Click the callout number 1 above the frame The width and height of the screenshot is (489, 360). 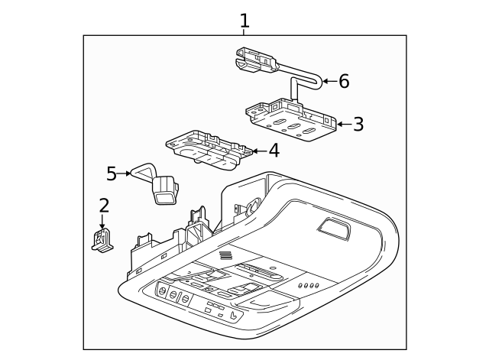244,21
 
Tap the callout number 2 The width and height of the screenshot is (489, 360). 104,206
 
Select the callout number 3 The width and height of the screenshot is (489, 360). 358,124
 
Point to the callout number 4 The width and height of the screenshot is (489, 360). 274,151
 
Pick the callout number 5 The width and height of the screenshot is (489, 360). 112,174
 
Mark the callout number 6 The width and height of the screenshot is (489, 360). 344,81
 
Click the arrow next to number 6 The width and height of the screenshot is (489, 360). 330,81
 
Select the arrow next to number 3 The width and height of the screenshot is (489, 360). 345,124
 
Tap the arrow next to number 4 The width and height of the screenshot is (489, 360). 260,151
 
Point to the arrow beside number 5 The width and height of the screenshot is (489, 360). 124,174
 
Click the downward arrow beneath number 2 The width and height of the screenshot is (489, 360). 102,222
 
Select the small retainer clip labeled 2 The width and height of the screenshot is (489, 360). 102,239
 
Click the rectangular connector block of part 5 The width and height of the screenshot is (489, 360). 165,190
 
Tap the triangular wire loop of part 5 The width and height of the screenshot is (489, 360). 143,171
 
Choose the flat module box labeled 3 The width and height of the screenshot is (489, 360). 291,120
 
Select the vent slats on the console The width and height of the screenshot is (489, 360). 226,255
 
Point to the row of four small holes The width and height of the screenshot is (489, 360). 309,285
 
